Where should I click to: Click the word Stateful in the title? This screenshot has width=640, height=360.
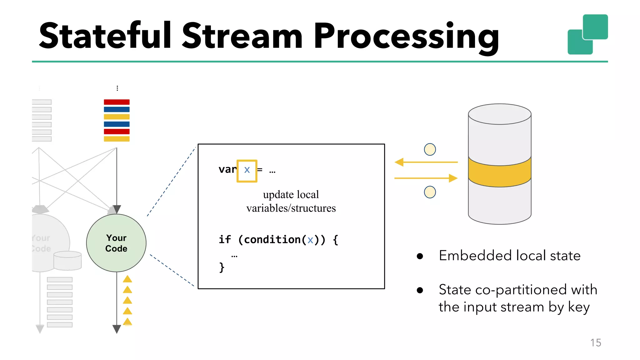click(105, 36)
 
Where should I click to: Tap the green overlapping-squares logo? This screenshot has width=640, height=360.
click(587, 34)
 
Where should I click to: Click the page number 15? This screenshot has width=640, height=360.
click(596, 343)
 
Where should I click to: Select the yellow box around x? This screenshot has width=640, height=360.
click(247, 171)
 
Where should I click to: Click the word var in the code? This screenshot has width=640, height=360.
click(227, 170)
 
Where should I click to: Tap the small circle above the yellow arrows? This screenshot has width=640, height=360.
click(430, 149)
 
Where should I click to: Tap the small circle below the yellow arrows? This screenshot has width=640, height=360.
click(430, 192)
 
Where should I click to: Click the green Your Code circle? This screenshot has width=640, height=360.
click(116, 243)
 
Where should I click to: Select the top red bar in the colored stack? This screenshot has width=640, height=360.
click(117, 102)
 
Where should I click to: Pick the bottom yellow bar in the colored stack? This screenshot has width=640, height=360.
click(117, 139)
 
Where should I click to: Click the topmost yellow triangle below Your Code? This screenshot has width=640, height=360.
click(127, 279)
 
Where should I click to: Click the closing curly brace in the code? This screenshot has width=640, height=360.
click(222, 267)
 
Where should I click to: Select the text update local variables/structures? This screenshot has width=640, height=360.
click(291, 201)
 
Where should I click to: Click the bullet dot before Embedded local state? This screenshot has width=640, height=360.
click(420, 257)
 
